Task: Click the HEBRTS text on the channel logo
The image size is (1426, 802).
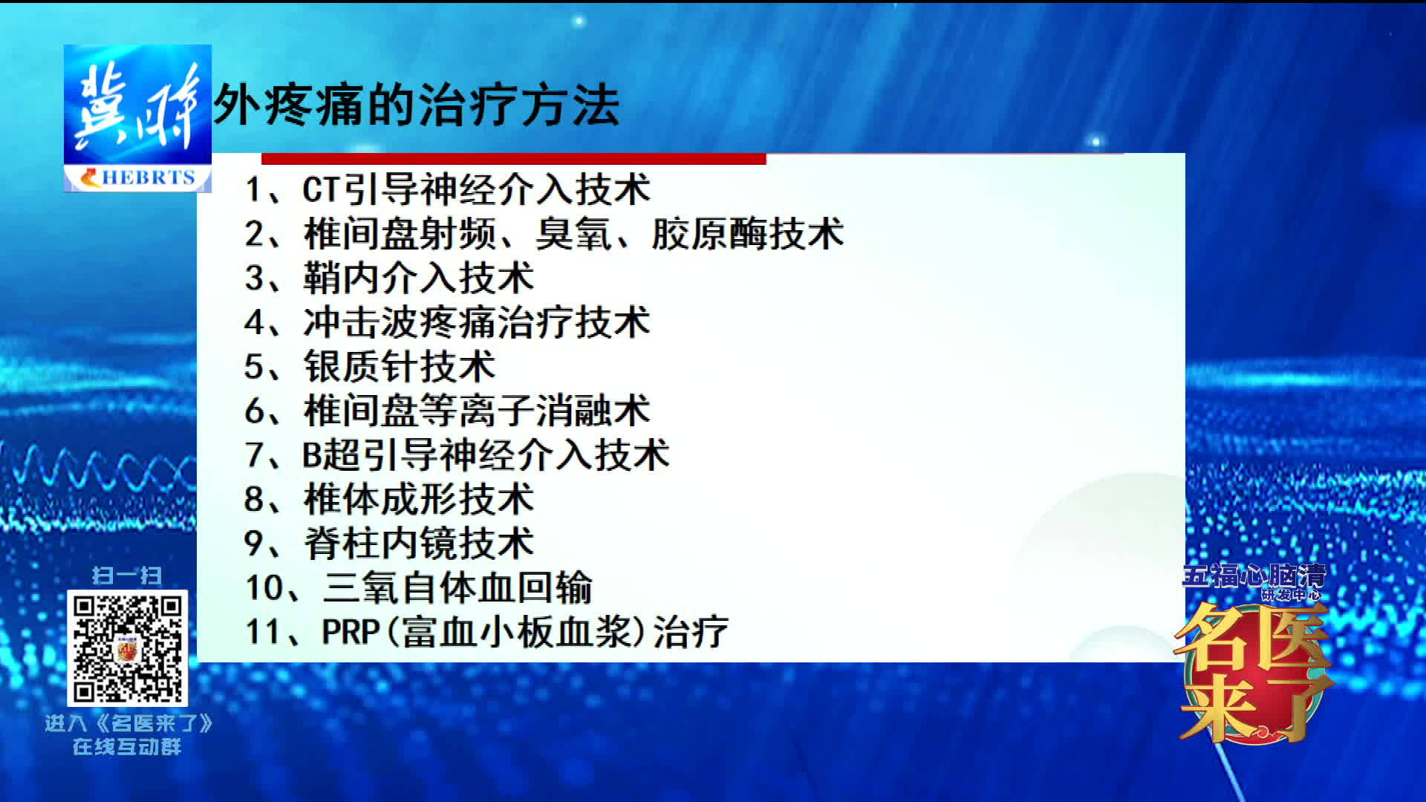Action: pyautogui.click(x=148, y=177)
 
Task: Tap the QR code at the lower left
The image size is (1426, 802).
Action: pyautogui.click(x=127, y=648)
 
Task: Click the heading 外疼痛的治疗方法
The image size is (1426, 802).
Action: pyautogui.click(x=417, y=105)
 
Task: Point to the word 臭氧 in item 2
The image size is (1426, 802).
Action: pyautogui.click(x=573, y=234)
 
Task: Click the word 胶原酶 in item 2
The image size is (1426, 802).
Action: pyautogui.click(x=709, y=234)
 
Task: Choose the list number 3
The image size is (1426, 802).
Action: pyautogui.click(x=255, y=278)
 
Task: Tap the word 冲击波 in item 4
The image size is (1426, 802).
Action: pyautogui.click(x=361, y=322)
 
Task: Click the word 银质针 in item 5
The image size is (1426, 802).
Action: pyautogui.click(x=361, y=367)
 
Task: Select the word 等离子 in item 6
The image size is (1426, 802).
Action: pyautogui.click(x=477, y=411)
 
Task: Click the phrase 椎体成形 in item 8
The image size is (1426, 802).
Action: pyautogui.click(x=380, y=499)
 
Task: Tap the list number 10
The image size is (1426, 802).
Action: pyautogui.click(x=264, y=587)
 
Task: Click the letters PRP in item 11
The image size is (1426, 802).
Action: pyautogui.click(x=351, y=631)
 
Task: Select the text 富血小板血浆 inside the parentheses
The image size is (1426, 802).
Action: pyautogui.click(x=515, y=631)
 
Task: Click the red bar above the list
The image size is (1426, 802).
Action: pyautogui.click(x=513, y=158)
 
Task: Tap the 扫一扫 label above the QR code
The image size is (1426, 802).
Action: pyautogui.click(x=127, y=576)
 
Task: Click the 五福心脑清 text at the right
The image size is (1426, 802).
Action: pyautogui.click(x=1254, y=576)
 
